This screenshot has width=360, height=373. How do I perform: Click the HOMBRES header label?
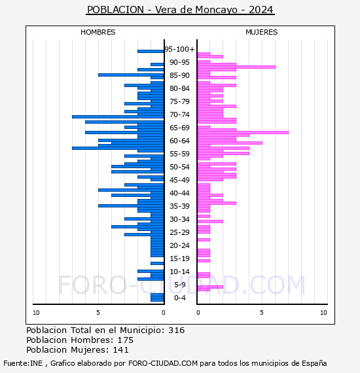(x=98, y=32)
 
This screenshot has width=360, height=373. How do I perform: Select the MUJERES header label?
(x=262, y=32)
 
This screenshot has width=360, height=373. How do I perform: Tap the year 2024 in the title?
(x=261, y=10)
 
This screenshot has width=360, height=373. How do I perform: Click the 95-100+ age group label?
(x=179, y=49)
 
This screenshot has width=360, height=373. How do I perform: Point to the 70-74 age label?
(x=179, y=115)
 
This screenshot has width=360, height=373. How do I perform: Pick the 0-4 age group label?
(x=180, y=298)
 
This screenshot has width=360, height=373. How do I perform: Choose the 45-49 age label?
(x=179, y=180)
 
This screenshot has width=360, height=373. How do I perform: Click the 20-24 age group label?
(x=179, y=245)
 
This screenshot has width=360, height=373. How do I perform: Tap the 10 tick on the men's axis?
(x=36, y=313)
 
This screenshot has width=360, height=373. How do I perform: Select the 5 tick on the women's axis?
(x=262, y=313)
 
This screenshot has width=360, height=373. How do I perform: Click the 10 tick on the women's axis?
(x=323, y=313)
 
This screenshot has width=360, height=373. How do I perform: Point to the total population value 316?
(x=176, y=330)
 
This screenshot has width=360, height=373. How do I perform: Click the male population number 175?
(x=126, y=340)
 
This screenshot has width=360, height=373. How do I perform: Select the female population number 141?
(x=120, y=349)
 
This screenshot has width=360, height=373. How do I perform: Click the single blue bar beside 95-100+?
(x=151, y=52)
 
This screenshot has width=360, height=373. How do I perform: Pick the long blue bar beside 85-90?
(x=131, y=75)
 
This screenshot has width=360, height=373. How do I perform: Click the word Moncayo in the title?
(x=216, y=10)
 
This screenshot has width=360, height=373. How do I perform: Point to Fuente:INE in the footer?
(x=23, y=363)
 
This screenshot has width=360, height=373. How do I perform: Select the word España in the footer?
(x=314, y=363)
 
